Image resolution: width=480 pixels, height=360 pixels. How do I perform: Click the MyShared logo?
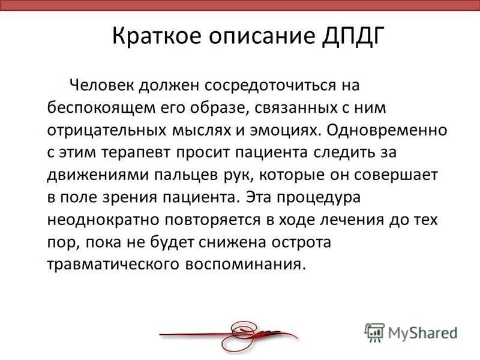click(x=412, y=332)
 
